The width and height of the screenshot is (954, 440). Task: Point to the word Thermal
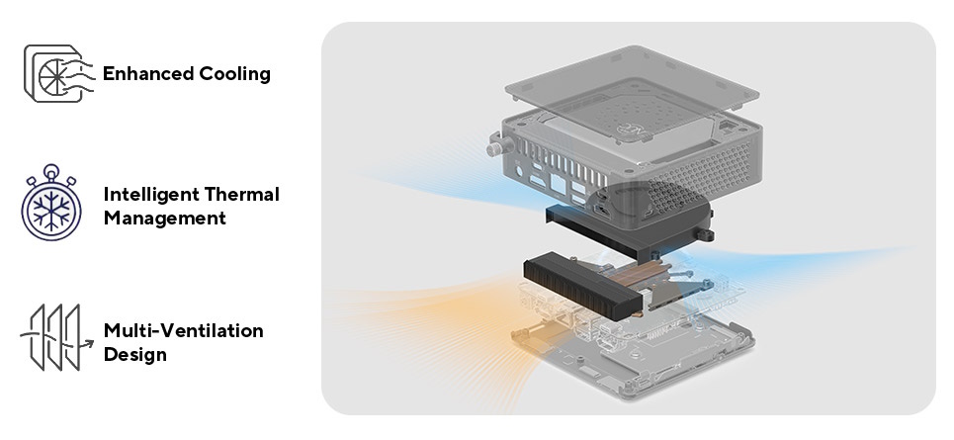[243, 194]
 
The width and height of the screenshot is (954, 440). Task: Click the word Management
[164, 218]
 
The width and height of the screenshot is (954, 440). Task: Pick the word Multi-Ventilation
[183, 330]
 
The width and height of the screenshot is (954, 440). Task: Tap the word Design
[134, 354]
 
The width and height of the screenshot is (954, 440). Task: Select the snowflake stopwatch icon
[52, 206]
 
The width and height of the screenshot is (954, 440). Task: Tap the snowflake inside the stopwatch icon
[52, 211]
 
